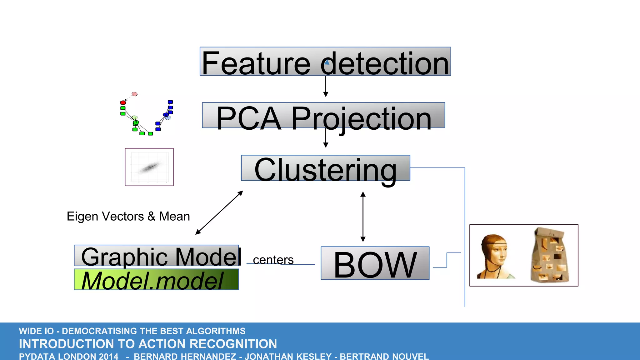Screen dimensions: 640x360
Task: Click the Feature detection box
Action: pos(325,62)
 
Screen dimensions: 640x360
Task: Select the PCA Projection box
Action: pos(323,115)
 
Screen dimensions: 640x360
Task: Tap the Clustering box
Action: pos(325,168)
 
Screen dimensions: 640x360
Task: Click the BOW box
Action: pos(375,263)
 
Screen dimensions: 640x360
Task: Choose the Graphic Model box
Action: pos(156,256)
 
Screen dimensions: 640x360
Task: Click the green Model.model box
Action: pos(156,280)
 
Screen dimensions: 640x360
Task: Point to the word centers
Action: pos(273,260)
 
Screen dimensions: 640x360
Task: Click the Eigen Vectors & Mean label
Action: pos(128,216)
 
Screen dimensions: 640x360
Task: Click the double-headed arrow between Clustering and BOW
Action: pos(363,217)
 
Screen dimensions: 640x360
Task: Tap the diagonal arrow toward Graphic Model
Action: pos(219,212)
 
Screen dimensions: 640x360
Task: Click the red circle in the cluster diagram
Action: pos(123,103)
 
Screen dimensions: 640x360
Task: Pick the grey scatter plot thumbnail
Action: pos(149,167)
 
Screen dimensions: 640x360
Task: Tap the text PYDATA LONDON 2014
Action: pos(69,356)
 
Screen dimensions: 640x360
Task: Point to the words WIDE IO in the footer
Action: pos(36,331)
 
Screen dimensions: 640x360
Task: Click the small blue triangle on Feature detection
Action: pos(327,62)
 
